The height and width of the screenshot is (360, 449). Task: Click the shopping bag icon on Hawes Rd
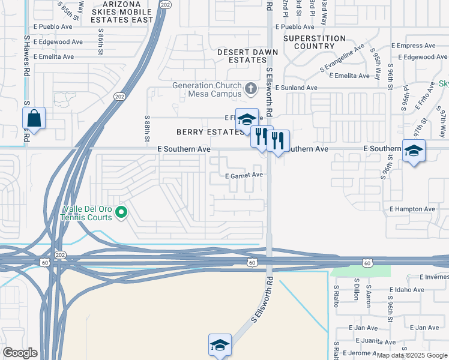point(34,119)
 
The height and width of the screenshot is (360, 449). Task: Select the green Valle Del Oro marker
point(121,211)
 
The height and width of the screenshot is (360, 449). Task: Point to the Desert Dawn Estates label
point(247,56)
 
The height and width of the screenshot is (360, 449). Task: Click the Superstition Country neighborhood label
point(315,42)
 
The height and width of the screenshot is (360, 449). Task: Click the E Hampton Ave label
point(412,209)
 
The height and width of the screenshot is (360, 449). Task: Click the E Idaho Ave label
point(408,290)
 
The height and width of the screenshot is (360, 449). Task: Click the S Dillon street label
point(356,292)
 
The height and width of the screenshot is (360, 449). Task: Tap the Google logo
point(20,353)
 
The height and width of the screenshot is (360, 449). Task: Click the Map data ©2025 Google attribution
point(412,356)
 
